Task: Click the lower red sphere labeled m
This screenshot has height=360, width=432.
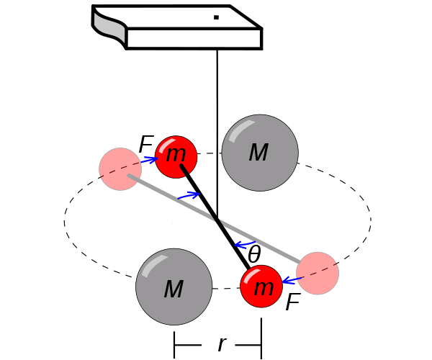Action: pyautogui.click(x=261, y=287)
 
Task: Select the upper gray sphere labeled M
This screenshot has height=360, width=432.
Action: pyautogui.click(x=260, y=153)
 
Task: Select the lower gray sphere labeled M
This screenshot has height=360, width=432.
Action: pyautogui.click(x=174, y=287)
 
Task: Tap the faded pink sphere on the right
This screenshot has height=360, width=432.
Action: pyautogui.click(x=318, y=273)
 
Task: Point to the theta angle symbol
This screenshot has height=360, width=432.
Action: pyautogui.click(x=254, y=254)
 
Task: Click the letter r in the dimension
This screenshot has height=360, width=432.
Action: pyautogui.click(x=222, y=345)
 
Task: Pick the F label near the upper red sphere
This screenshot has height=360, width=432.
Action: pyautogui.click(x=145, y=145)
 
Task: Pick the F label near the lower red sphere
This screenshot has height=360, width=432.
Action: pyautogui.click(x=292, y=303)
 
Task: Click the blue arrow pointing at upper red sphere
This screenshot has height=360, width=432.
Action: pyautogui.click(x=150, y=160)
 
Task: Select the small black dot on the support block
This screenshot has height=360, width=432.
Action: pyautogui.click(x=215, y=17)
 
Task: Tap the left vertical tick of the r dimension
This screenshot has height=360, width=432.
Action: pyautogui.click(x=174, y=346)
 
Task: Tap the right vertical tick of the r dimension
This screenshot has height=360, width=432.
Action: pyautogui.click(x=261, y=346)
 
